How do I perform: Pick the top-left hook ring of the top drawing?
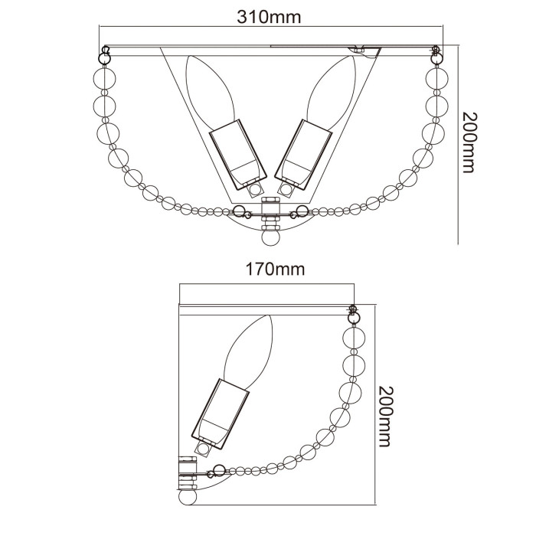(x=103, y=55)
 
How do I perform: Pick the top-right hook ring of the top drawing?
(x=436, y=55)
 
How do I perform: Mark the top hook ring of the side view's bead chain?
(x=354, y=312)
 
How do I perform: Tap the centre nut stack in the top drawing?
(x=270, y=214)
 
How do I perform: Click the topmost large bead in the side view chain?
(x=354, y=335)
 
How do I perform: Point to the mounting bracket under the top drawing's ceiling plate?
(x=363, y=51)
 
